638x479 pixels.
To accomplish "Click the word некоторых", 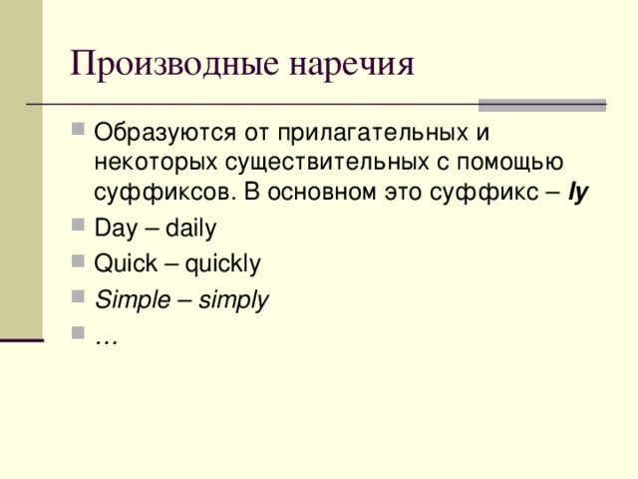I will click(x=148, y=162).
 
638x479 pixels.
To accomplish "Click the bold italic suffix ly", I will click(x=578, y=192).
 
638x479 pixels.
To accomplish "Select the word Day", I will click(x=112, y=229).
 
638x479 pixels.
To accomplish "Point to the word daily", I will click(x=190, y=229).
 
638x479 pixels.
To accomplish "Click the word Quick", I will click(x=119, y=263).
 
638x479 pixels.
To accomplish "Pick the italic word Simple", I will click(x=124, y=298).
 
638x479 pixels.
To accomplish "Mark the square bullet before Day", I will click(x=80, y=229).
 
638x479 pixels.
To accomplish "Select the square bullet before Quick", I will click(x=80, y=263).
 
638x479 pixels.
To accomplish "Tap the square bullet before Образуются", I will click(x=80, y=131).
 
